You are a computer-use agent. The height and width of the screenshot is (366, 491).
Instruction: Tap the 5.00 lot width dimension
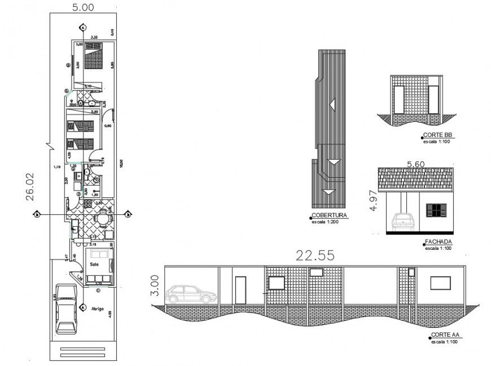click(83, 7)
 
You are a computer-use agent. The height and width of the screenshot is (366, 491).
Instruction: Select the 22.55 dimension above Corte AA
click(314, 255)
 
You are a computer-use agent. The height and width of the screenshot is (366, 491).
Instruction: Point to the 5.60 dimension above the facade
click(415, 164)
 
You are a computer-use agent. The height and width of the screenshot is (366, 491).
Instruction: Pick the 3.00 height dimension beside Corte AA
click(155, 285)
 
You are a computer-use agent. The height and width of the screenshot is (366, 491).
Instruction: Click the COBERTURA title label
click(329, 215)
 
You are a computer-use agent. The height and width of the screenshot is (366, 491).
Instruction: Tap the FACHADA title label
click(438, 242)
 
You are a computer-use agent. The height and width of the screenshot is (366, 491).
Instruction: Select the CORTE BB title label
click(439, 136)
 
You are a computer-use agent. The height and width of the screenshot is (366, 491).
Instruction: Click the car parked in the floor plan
click(67, 307)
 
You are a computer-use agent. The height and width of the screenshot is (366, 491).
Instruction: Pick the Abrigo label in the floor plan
click(97, 308)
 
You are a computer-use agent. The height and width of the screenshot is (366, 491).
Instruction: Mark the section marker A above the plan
click(83, 27)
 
